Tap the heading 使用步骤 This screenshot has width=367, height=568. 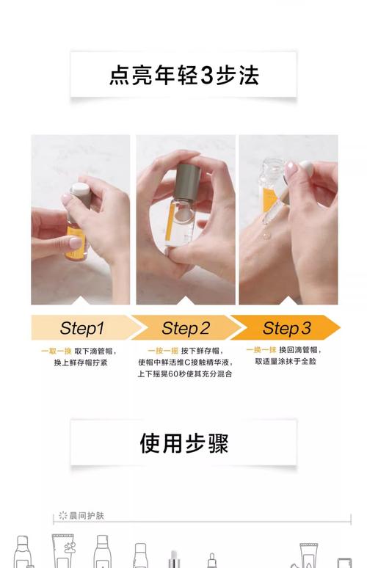coord(183,443)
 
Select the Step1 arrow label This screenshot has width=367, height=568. coord(81,328)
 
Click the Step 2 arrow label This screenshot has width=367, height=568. coord(185,328)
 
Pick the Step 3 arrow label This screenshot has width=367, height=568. coord(286,328)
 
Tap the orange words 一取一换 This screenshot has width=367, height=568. coord(54,351)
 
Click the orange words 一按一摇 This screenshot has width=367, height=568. coord(161,351)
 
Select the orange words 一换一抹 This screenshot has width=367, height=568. coord(261,350)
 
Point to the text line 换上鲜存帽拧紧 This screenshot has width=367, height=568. coord(81,363)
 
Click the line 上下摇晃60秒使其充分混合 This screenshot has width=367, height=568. coord(184,374)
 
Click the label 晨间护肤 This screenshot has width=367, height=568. coord(87,516)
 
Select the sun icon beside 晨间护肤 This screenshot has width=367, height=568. coord(63,516)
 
